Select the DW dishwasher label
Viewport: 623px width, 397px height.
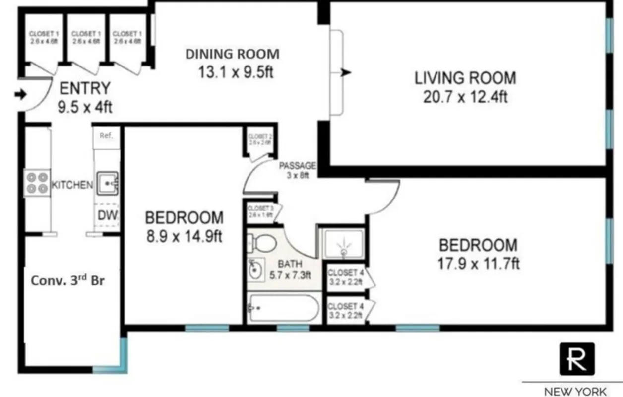(107, 215)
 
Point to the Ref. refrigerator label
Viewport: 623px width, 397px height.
(106, 135)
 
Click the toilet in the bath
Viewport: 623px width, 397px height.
(264, 243)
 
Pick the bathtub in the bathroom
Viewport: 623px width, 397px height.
(283, 308)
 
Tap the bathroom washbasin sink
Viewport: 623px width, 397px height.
(256, 270)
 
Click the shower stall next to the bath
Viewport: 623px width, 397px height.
(343, 244)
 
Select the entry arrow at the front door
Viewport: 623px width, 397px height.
(20, 94)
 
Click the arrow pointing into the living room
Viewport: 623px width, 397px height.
(346, 73)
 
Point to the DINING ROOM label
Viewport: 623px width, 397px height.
(232, 54)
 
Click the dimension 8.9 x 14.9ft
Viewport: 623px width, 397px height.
(184, 236)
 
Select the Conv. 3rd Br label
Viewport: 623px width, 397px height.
(68, 279)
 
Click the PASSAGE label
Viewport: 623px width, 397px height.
(298, 166)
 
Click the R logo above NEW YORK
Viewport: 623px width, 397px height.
(577, 359)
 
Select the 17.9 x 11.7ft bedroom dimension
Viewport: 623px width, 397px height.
(478, 264)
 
